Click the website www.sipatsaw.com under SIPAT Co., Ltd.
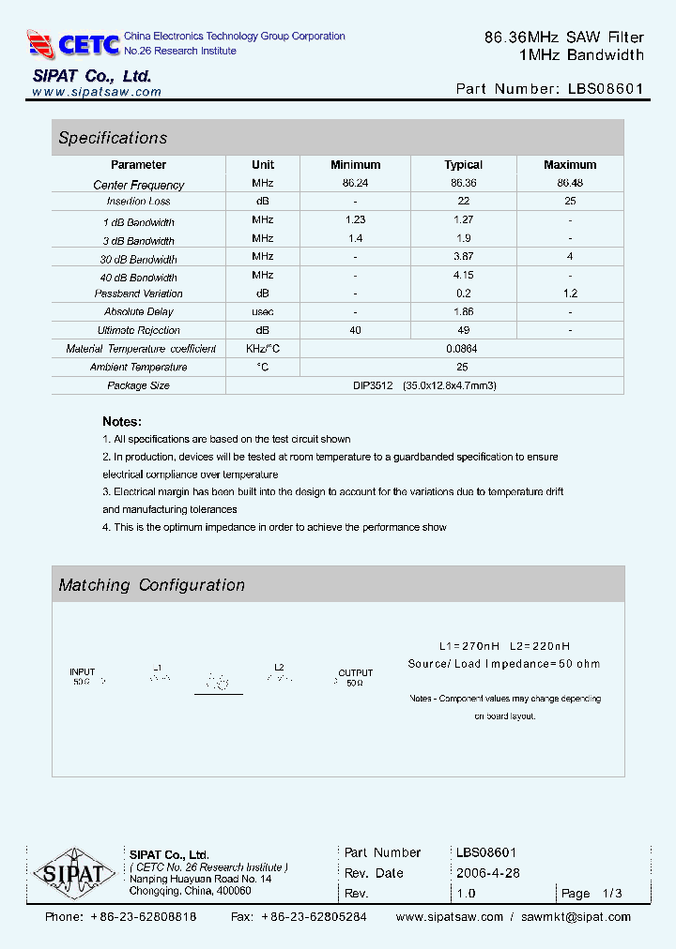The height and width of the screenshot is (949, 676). click(x=97, y=92)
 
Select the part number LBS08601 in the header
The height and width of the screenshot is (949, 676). click(x=606, y=89)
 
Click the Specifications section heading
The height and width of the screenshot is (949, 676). click(x=113, y=138)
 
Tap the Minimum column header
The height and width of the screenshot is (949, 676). click(x=355, y=164)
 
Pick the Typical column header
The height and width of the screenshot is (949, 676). click(x=463, y=164)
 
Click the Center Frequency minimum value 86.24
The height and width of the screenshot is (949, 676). click(x=355, y=183)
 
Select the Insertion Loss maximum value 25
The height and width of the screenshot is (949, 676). click(x=570, y=202)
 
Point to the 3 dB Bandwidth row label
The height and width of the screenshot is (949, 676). click(x=139, y=241)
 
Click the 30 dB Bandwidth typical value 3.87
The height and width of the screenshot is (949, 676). click(x=463, y=256)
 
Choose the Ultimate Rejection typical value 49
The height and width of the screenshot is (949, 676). click(x=463, y=330)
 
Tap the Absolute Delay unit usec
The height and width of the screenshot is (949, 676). click(x=263, y=311)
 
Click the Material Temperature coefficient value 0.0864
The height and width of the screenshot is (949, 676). click(x=463, y=348)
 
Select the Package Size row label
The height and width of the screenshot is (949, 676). click(x=138, y=385)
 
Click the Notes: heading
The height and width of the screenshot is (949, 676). click(x=122, y=422)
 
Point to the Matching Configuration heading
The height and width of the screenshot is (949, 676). click(x=151, y=585)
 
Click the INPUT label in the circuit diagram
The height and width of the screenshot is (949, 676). click(x=83, y=672)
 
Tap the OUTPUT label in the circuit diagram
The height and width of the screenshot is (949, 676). click(x=355, y=673)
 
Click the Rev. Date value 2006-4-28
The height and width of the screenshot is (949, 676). click(x=487, y=873)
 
